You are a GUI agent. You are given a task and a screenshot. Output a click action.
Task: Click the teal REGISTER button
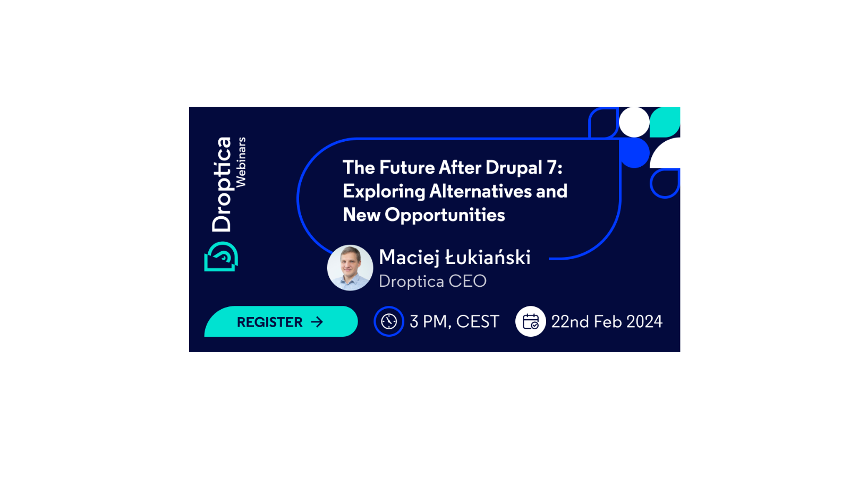click(281, 321)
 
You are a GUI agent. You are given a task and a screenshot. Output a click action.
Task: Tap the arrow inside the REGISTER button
click(317, 322)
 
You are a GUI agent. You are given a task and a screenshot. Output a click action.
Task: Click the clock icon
click(388, 321)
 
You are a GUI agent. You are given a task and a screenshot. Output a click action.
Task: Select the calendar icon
click(531, 321)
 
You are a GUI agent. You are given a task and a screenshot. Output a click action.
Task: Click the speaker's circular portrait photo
click(350, 268)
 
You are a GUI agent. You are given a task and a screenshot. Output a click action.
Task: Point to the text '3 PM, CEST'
click(454, 322)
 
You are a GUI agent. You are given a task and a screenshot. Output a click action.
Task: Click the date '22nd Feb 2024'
click(607, 322)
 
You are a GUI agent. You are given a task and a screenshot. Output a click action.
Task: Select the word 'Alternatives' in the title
click(480, 191)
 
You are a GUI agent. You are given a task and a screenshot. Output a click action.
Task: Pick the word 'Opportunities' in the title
click(445, 215)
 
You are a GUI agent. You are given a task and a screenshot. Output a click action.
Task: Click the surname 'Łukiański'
click(488, 257)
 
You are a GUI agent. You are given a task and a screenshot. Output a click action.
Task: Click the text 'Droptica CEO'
click(432, 281)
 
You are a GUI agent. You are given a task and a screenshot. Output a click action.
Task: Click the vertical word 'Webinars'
click(241, 163)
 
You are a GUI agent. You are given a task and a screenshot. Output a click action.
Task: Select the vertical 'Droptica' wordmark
click(222, 184)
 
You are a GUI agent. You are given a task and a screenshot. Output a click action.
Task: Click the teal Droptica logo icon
click(221, 257)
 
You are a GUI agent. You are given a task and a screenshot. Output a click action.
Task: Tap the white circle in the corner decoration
click(634, 122)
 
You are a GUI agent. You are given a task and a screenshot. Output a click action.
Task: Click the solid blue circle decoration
click(634, 152)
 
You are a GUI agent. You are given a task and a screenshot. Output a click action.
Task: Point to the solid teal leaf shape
click(665, 122)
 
